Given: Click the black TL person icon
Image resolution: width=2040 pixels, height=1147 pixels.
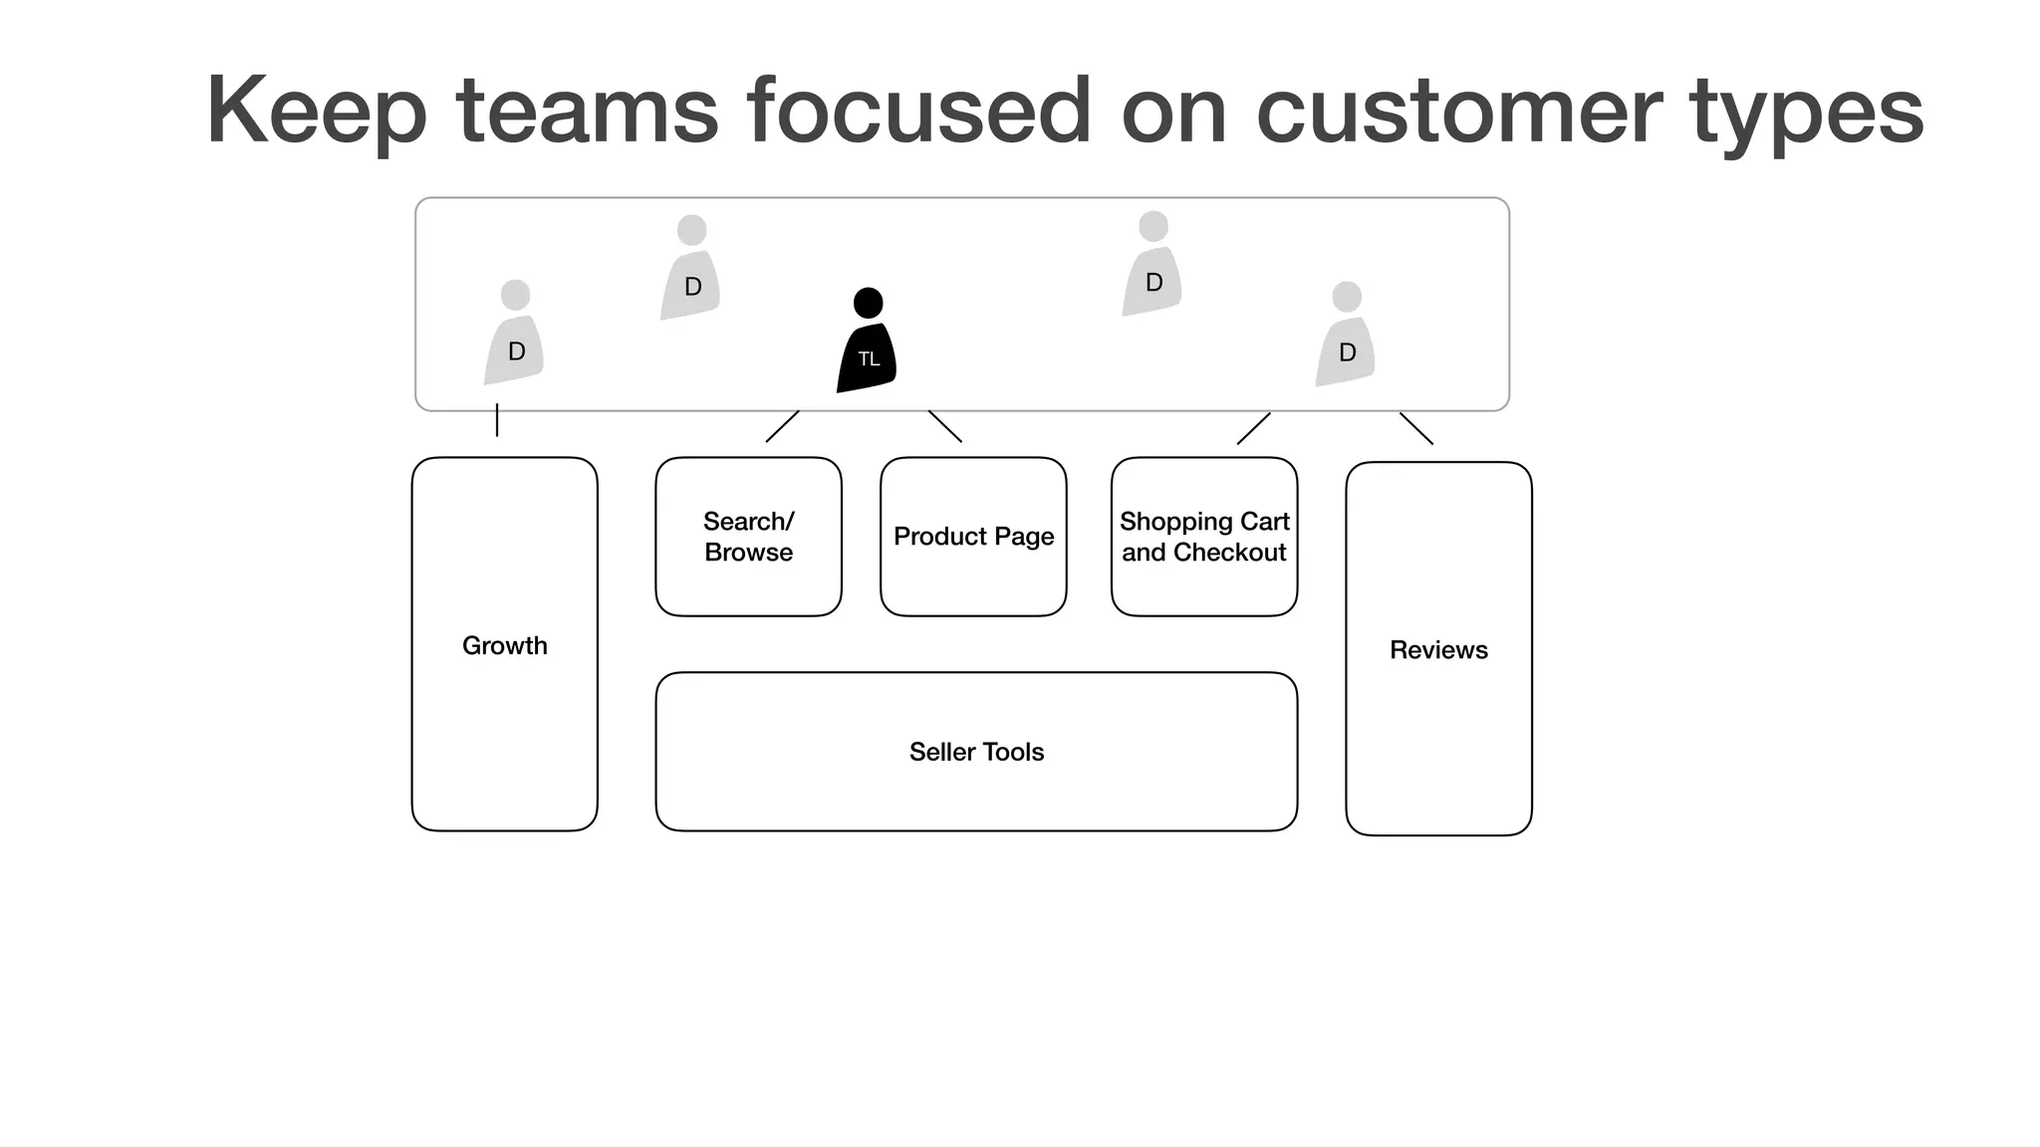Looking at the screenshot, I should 867,344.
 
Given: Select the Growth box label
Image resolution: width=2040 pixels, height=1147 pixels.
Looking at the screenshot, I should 504,645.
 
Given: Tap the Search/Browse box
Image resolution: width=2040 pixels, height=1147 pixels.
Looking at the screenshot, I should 748,537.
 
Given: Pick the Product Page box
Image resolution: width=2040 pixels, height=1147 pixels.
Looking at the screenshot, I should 973,537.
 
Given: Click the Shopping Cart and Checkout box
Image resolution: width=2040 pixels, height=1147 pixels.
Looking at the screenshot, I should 1203,537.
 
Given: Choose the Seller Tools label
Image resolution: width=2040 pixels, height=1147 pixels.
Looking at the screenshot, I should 976,752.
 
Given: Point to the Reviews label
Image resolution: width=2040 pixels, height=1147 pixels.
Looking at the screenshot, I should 1438,650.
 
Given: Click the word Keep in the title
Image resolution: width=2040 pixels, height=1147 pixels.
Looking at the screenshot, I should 316,112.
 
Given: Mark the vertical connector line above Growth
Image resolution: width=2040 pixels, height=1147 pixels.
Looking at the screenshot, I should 497,420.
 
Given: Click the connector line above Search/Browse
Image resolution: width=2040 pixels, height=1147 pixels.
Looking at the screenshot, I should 782,426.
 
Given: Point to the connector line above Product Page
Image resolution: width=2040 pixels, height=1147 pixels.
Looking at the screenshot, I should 945,426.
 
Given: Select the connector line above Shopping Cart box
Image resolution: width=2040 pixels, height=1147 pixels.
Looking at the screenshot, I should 1253,428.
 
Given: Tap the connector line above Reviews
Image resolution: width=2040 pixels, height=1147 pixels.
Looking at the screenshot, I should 1416,428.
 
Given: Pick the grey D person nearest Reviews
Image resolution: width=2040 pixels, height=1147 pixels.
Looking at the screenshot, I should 1346,338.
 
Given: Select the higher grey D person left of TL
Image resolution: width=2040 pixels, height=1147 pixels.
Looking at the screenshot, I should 690,271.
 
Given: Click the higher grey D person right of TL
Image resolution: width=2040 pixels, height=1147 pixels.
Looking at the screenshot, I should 1152,267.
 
